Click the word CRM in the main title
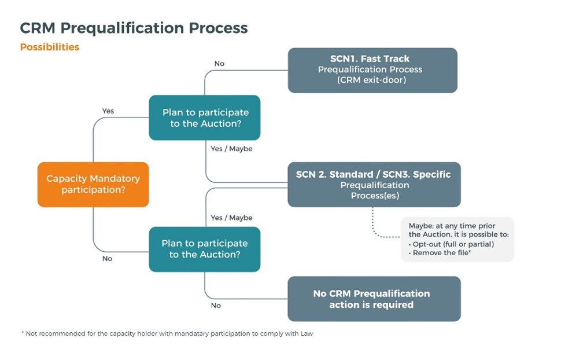[40, 28]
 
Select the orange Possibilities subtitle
[50, 47]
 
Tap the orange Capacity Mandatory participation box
[93, 185]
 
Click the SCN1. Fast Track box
[372, 70]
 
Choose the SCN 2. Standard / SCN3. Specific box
[374, 185]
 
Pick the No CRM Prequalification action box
[374, 299]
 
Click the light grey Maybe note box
[457, 239]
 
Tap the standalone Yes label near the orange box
[108, 111]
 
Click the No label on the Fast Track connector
[219, 64]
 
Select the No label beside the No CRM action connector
[216, 305]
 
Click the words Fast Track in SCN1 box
[385, 58]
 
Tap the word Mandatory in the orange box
[113, 179]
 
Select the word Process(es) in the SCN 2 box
[374, 196]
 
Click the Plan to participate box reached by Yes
[205, 117]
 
